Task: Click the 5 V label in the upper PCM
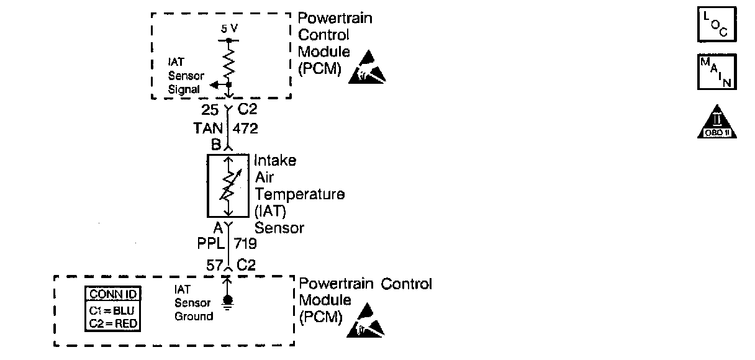(228, 29)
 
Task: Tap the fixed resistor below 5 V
(228, 62)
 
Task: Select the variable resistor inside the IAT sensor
(228, 186)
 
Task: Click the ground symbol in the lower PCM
(228, 301)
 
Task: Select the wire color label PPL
(210, 243)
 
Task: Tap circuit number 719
(246, 243)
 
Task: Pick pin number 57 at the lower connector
(214, 264)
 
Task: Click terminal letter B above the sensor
(216, 145)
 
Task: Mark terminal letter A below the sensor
(218, 227)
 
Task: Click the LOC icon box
(717, 24)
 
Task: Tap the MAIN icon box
(717, 72)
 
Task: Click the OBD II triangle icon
(717, 122)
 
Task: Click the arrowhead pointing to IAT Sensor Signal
(214, 84)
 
